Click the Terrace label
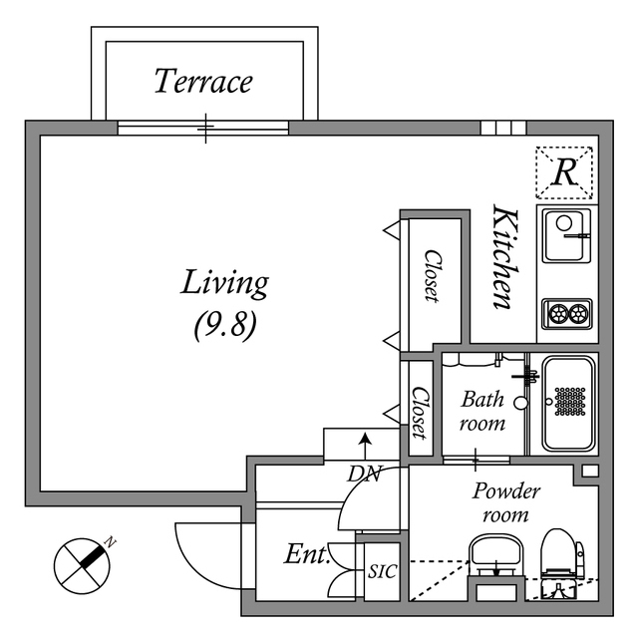(x=203, y=81)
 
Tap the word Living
(x=224, y=283)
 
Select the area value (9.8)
(x=224, y=326)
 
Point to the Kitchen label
(x=504, y=257)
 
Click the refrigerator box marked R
(x=564, y=172)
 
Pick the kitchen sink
(x=566, y=235)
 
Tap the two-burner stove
(x=567, y=313)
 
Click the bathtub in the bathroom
(x=568, y=402)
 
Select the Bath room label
(x=482, y=411)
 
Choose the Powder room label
(x=505, y=502)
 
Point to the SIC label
(x=381, y=572)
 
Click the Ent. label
(x=307, y=555)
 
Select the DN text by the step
(x=365, y=476)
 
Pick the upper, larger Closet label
(x=432, y=275)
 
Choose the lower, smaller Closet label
(x=420, y=412)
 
